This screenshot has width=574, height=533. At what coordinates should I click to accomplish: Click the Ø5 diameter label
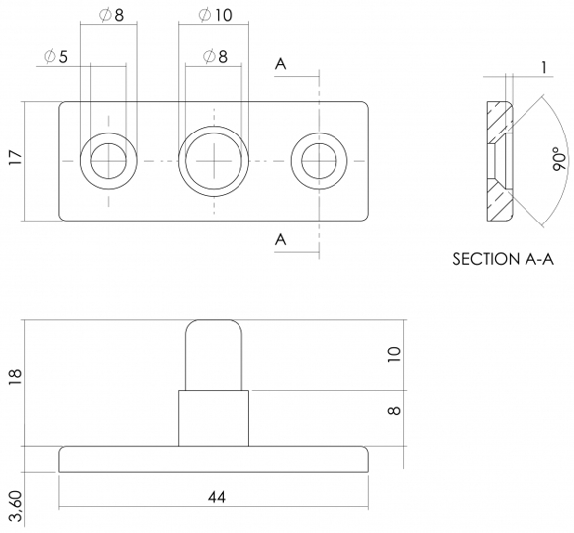click(x=55, y=57)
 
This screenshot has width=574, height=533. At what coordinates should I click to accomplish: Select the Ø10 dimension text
click(x=215, y=15)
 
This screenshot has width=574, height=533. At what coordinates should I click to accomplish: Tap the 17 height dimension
click(x=16, y=157)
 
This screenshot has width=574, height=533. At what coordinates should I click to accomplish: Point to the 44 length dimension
click(x=217, y=497)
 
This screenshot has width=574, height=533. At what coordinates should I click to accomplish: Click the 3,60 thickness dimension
click(x=16, y=506)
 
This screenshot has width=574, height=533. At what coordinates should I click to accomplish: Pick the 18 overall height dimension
click(x=16, y=376)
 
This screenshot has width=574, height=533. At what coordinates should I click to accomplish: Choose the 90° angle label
click(x=559, y=159)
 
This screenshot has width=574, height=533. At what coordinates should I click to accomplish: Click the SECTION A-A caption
click(x=504, y=259)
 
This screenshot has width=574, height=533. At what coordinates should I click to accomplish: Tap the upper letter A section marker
click(x=280, y=64)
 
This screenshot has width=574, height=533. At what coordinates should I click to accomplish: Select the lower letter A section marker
click(x=280, y=240)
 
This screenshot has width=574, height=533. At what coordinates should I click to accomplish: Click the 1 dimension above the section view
click(x=544, y=67)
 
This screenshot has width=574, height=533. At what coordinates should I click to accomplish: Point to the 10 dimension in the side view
click(x=394, y=355)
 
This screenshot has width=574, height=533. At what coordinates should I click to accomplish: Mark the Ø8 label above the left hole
click(x=111, y=15)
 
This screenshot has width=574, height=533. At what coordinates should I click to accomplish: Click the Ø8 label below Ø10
click(x=215, y=56)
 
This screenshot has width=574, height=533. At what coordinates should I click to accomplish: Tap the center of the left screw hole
click(x=108, y=161)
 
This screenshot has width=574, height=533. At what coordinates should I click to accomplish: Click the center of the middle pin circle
click(x=214, y=161)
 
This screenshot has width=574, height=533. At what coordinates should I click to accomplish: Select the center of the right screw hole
click(x=320, y=161)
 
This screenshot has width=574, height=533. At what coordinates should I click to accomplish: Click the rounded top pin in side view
click(x=214, y=355)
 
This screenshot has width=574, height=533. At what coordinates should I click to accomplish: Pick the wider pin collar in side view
click(x=214, y=418)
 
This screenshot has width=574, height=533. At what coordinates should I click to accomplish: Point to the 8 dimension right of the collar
click(x=394, y=411)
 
